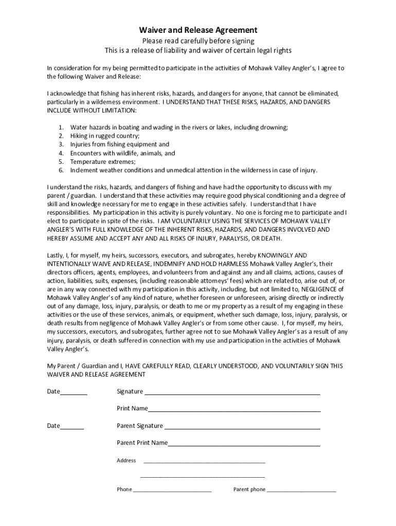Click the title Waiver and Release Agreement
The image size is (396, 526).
tap(199, 30)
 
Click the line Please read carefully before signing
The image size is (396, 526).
tap(199, 41)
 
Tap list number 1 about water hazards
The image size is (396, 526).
tap(60, 127)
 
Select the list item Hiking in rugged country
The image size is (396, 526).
tap(105, 136)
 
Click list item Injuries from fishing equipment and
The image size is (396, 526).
tap(119, 144)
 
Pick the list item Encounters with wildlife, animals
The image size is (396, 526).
tap(122, 153)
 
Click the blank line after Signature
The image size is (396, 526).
tap(232, 393)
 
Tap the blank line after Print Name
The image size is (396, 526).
tap(234, 411)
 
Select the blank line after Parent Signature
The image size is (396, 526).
tap(242, 428)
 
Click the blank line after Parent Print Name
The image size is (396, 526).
tap(244, 445)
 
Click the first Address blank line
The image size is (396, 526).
tap(204, 462)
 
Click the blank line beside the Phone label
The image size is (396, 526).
tap(172, 492)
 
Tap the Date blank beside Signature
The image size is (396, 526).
tap(74, 393)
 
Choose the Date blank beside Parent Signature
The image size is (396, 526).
tap(72, 428)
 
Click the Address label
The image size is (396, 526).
tap(127, 460)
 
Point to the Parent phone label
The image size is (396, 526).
tap(249, 490)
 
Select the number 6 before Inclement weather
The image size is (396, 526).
tap(60, 170)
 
